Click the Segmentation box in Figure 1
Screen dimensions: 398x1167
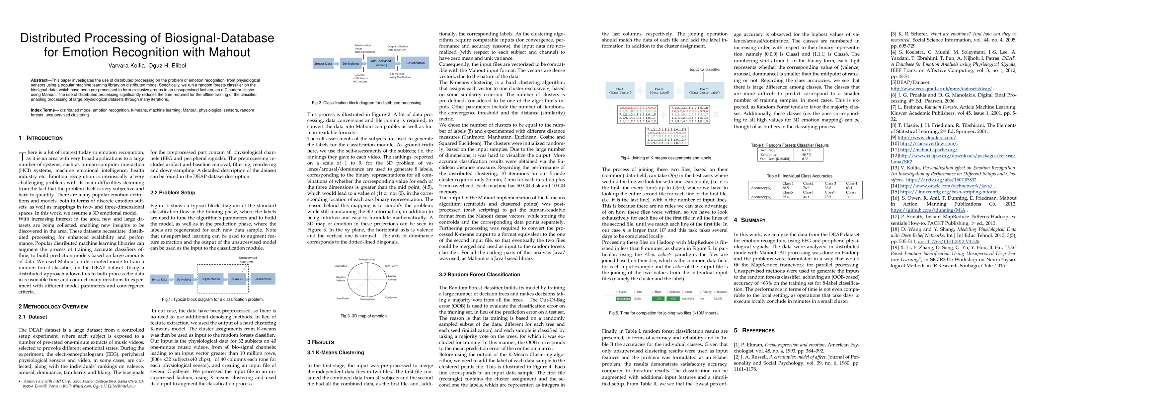click(x=211, y=279)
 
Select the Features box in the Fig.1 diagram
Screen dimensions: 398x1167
click(x=237, y=279)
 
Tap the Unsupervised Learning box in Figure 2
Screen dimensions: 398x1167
click(x=381, y=63)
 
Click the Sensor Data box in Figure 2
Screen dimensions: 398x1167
click(x=323, y=63)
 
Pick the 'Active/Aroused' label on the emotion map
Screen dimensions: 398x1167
click(x=367, y=259)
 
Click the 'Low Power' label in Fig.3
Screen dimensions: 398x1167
click(x=343, y=298)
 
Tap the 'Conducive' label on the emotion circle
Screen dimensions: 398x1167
click(x=391, y=298)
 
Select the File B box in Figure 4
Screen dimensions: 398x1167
click(x=659, y=91)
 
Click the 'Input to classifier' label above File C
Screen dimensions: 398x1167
click(x=705, y=69)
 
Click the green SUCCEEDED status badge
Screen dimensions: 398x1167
click(x=623, y=299)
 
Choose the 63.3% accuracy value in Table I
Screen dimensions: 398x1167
click(x=807, y=150)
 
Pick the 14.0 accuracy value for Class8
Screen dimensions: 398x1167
click(x=849, y=197)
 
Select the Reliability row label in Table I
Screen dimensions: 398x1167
click(x=768, y=155)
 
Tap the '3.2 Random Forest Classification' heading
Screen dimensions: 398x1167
click(x=479, y=274)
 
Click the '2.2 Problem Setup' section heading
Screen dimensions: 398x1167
click(x=173, y=192)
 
